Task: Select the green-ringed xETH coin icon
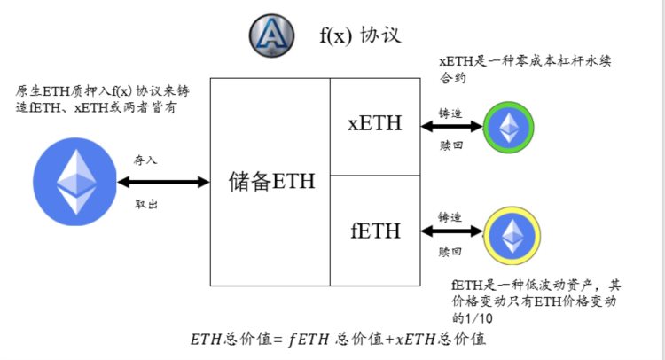[509, 129]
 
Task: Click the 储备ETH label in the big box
[271, 182]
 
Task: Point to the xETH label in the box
[374, 124]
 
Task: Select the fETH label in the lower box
[374, 231]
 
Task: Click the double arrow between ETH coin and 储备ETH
[162, 182]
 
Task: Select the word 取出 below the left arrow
[146, 203]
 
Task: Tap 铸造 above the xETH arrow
[450, 113]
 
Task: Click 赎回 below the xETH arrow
[450, 147]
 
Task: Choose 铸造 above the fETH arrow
[450, 216]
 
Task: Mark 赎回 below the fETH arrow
[450, 252]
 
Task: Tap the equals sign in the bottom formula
[278, 340]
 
